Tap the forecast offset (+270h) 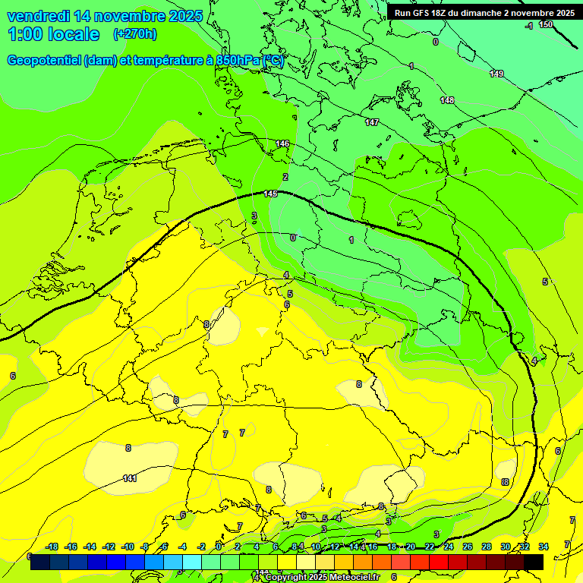coord(134,34)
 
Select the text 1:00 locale coord(54,34)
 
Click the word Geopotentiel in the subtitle coord(44,61)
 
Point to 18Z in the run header coord(440,13)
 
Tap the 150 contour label coord(546,25)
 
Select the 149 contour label coord(496,74)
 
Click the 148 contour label coord(447,100)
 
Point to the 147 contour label coord(372,122)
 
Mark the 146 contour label coord(282,143)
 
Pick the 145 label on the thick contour coord(270,194)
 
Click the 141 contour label coord(130,478)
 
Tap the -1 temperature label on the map coord(528,26)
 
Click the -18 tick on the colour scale coord(52,547)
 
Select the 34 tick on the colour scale coord(543,547)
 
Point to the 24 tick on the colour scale coord(449,547)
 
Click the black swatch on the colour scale coord(533,562)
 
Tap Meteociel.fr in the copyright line coord(352,577)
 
